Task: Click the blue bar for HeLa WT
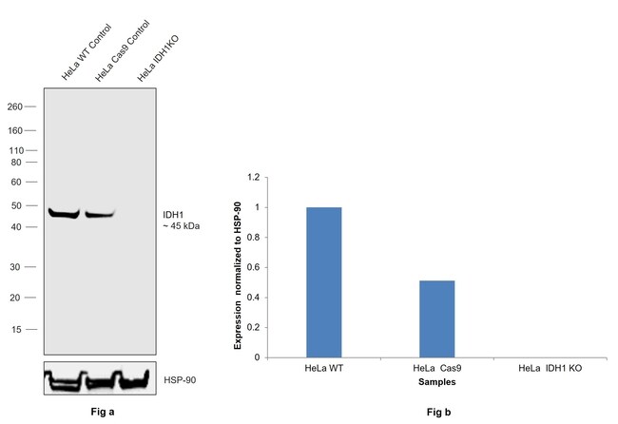coord(324,281)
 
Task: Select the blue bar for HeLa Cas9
coord(436,318)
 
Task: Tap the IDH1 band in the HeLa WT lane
coord(65,212)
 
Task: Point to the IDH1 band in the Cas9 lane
coord(99,214)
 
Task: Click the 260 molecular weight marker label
coord(14,106)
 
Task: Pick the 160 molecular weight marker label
coord(14,130)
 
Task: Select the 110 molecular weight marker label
coord(14,151)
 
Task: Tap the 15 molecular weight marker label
coord(17,330)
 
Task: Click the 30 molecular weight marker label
coord(17,267)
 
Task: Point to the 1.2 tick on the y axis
coord(252,177)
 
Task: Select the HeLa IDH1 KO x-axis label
coord(550,368)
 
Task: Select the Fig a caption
coord(99,412)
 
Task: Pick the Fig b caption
coord(435,413)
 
